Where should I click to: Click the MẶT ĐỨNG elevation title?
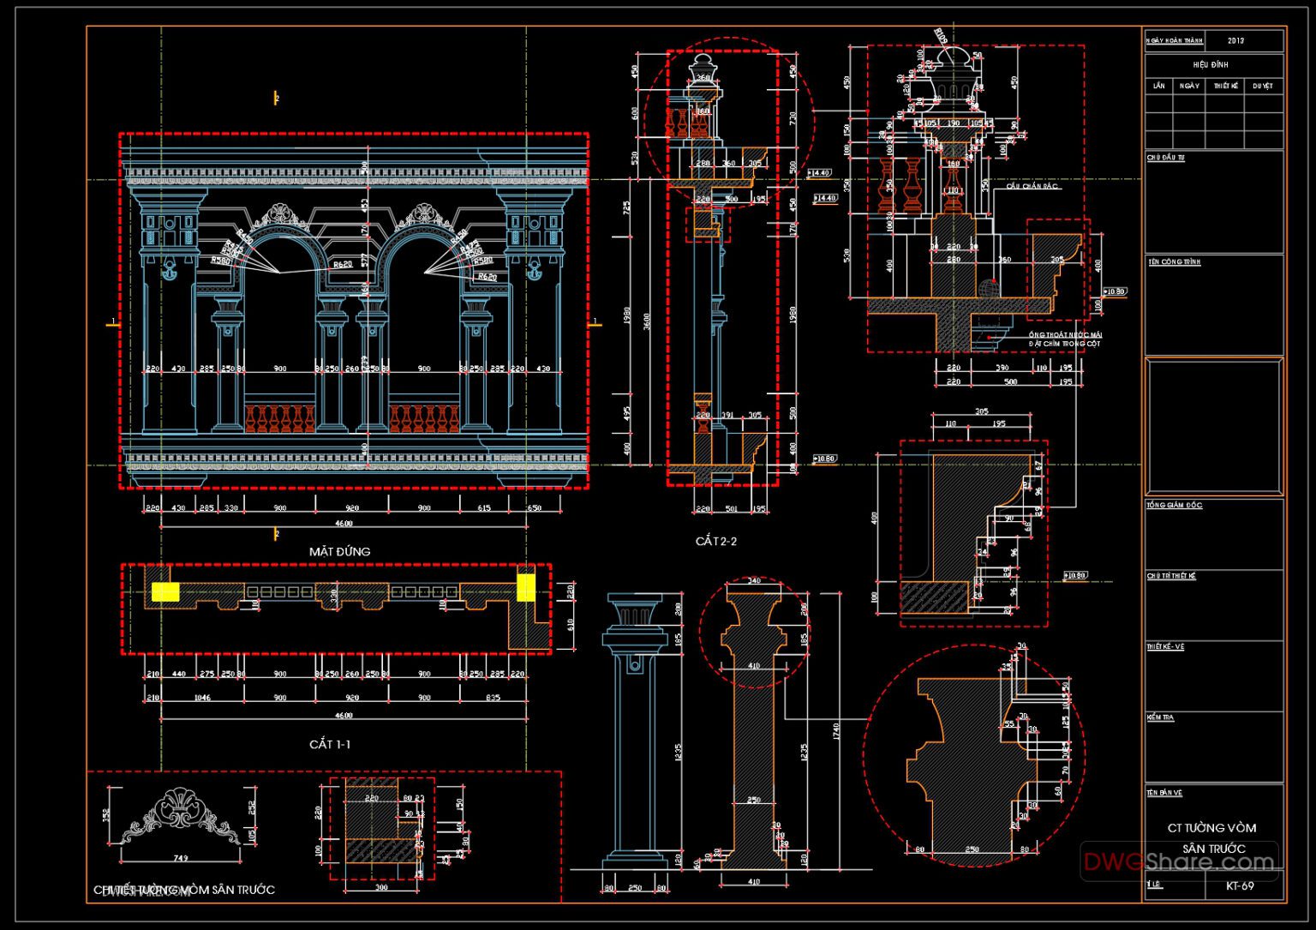[x=339, y=552]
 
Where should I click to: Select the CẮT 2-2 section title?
[x=715, y=542]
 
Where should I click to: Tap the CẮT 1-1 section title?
[x=329, y=744]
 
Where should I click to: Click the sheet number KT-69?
[x=1240, y=885]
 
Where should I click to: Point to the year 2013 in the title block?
[x=1235, y=40]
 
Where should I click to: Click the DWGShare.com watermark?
[x=1178, y=861]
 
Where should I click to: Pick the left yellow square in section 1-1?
[x=165, y=591]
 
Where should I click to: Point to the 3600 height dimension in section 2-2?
[x=648, y=321]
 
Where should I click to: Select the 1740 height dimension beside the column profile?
[x=835, y=731]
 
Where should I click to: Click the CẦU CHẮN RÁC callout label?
[x=1032, y=186]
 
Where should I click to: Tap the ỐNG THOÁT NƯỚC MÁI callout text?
[x=1065, y=334]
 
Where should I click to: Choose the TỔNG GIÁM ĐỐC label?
[x=1174, y=506]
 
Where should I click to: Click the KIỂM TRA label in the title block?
[x=1160, y=717]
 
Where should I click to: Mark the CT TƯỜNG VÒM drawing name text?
[x=1211, y=828]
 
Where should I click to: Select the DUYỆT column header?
[x=1262, y=86]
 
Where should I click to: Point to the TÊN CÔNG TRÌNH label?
[x=1174, y=262]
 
